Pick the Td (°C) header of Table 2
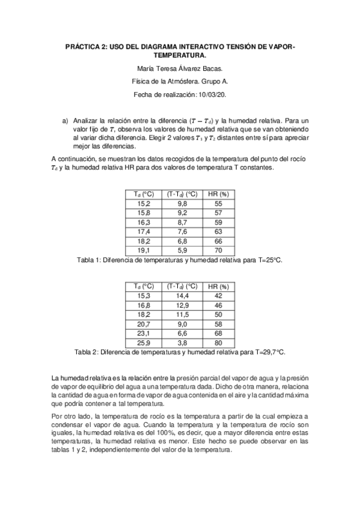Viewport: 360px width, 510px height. (x=145, y=286)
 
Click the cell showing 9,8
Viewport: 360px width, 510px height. (x=182, y=204)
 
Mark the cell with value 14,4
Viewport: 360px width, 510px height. (x=182, y=296)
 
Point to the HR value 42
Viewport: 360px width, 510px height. (x=218, y=296)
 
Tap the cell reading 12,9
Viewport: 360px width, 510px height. (x=182, y=306)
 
